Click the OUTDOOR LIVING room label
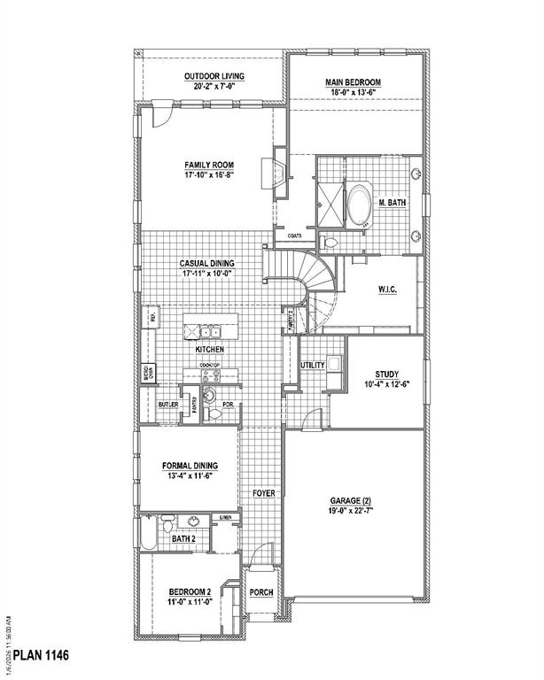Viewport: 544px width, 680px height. [214, 77]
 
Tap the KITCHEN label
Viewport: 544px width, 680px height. [210, 351]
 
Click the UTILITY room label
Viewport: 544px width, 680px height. [313, 365]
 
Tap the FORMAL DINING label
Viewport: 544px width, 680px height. [189, 466]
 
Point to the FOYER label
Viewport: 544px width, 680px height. [263, 491]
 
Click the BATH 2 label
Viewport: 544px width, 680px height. [183, 538]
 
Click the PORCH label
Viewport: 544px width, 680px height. [261, 592]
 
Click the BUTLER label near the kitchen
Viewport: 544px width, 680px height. [168, 406]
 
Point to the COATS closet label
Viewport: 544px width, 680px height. [296, 236]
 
